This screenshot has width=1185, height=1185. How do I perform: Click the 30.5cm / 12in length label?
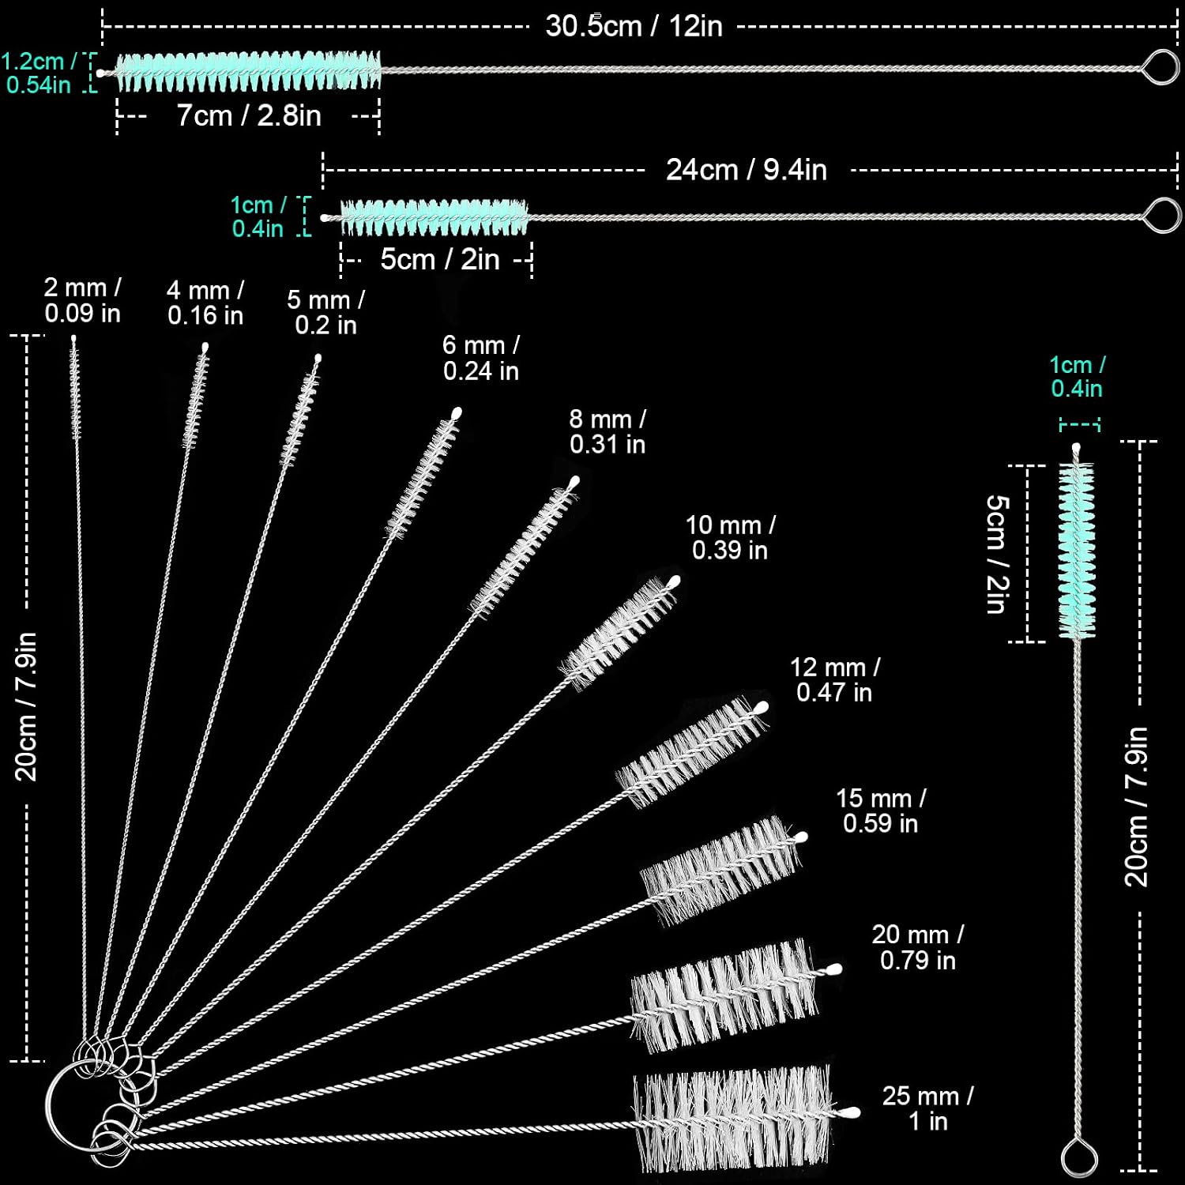click(634, 26)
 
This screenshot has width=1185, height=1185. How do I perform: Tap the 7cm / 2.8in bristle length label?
click(249, 115)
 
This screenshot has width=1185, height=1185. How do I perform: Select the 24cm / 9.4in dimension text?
click(747, 170)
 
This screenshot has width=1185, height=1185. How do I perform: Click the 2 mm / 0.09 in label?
click(82, 300)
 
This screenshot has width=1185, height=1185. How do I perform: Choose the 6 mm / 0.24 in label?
click(481, 358)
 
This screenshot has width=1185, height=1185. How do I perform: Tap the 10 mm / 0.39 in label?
click(730, 537)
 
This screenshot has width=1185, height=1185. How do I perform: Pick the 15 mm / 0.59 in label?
click(881, 811)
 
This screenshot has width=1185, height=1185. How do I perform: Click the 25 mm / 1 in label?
click(927, 1108)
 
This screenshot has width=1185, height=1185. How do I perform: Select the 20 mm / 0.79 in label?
click(918, 947)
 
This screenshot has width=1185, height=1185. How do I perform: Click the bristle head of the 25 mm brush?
click(733, 1117)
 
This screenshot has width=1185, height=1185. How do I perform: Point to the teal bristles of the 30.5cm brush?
click(249, 71)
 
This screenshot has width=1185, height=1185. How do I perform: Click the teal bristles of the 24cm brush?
click(434, 217)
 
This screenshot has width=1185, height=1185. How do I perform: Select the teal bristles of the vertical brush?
click(1077, 551)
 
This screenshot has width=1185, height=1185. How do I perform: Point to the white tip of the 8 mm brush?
click(574, 481)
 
